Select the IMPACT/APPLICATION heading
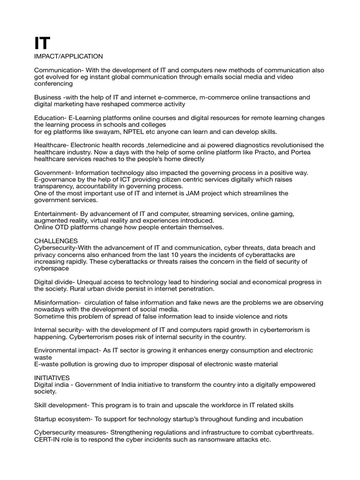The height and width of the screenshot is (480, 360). (x=68, y=56)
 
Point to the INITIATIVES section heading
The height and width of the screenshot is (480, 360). (x=52, y=377)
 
